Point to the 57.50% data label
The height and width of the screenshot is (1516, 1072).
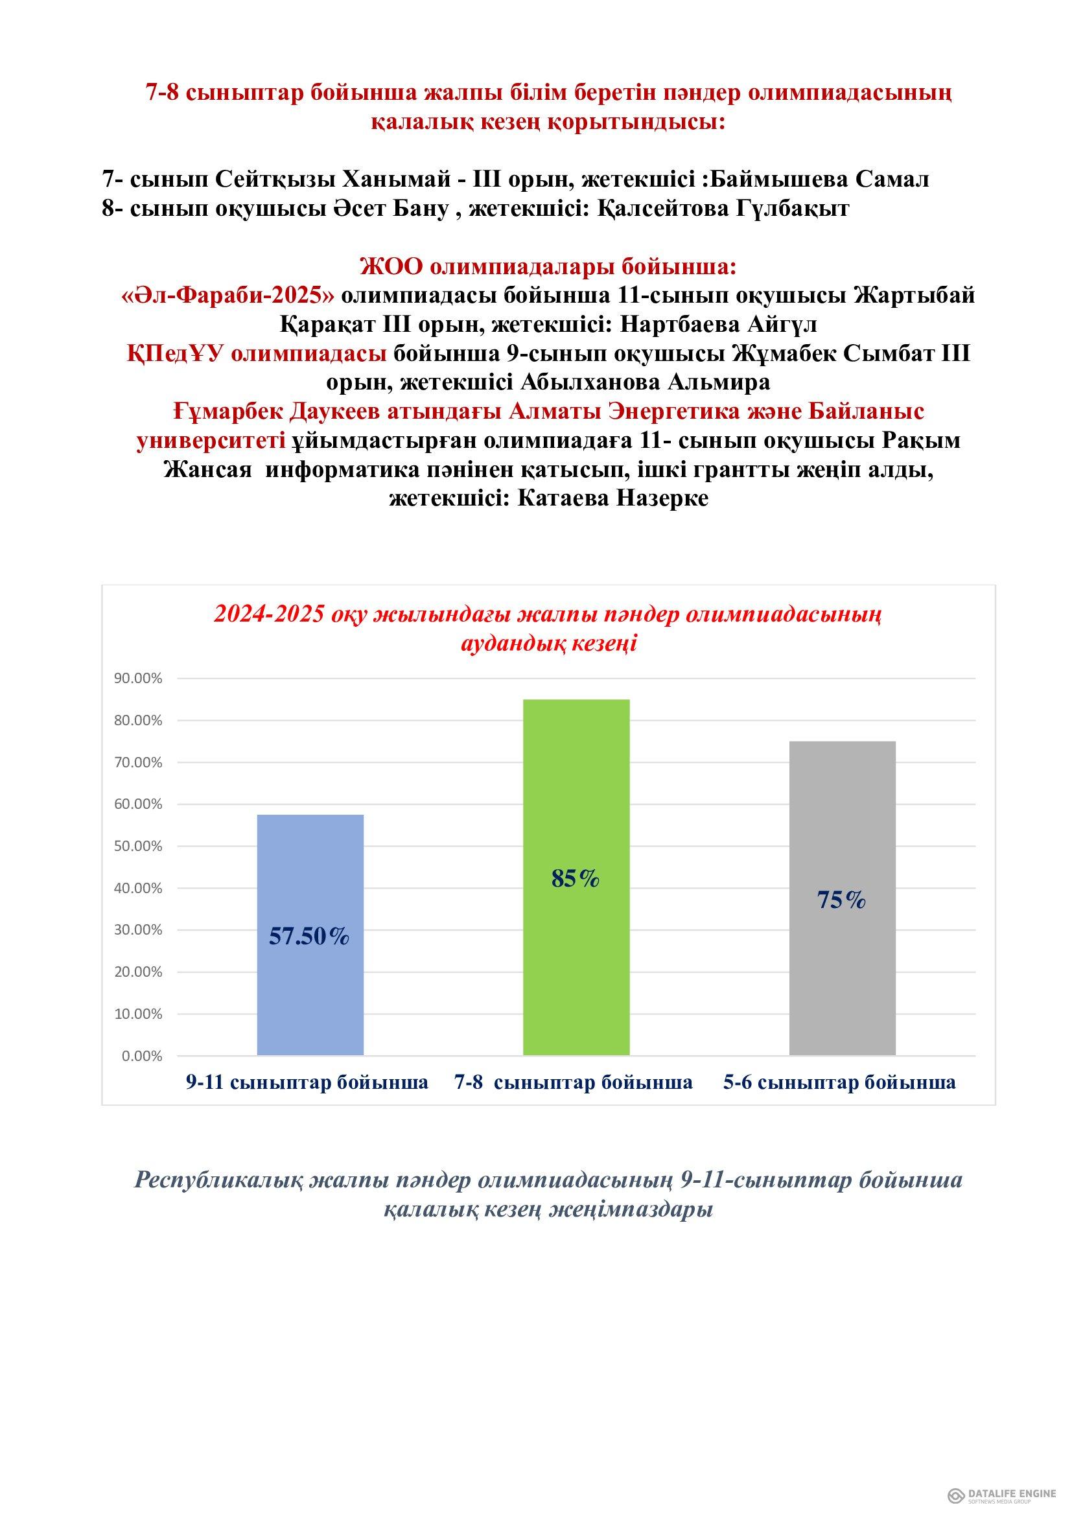click(x=309, y=937)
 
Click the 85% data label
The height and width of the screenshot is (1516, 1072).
click(x=575, y=878)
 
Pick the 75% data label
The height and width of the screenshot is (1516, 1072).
click(x=841, y=900)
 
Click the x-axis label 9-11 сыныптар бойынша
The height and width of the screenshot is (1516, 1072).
click(x=307, y=1082)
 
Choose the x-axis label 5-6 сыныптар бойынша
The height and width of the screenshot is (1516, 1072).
click(x=839, y=1082)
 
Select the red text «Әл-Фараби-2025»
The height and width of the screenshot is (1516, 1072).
click(x=227, y=295)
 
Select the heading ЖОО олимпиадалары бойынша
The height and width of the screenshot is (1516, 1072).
click(x=547, y=267)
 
